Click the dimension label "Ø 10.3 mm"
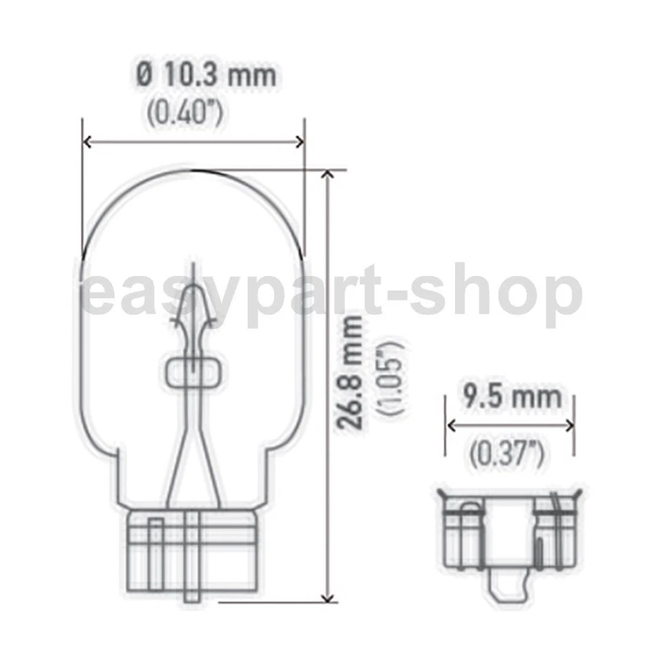point(206,75)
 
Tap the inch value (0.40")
point(185,113)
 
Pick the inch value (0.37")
point(508,454)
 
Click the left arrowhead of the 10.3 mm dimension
point(88,142)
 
